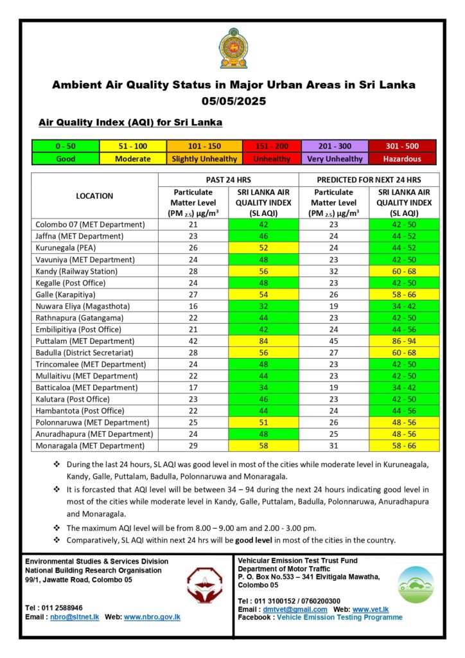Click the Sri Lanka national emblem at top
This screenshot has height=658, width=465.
232,48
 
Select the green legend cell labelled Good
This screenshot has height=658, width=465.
66,159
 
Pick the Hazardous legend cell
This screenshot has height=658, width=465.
402,159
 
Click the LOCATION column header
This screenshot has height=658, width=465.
94,196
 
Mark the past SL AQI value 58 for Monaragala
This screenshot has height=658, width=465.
263,445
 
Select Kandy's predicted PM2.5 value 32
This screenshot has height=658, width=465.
334,271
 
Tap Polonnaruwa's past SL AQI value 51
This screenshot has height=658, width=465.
263,422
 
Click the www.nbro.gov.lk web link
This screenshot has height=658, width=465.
152,617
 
